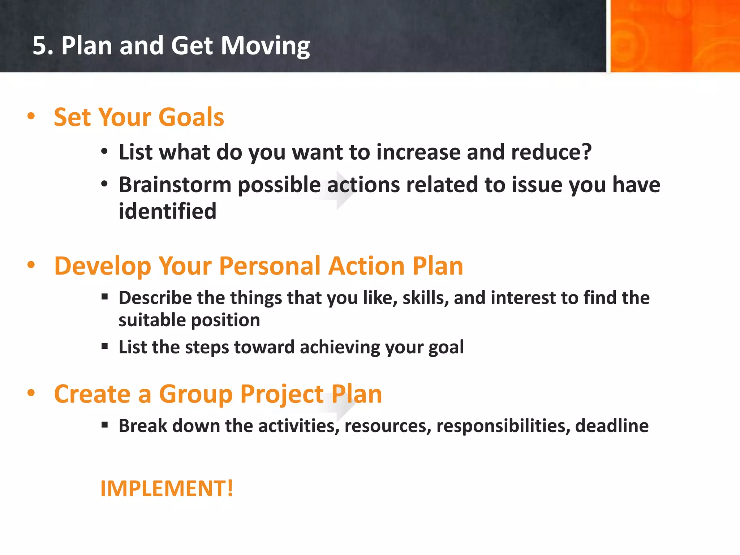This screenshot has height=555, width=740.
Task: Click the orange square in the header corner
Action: [675, 36]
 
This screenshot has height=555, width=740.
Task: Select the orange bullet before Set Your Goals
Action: [31, 116]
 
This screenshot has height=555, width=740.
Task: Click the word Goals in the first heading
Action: [191, 117]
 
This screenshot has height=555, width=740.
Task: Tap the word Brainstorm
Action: [175, 185]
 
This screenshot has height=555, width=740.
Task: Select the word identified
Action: [167, 211]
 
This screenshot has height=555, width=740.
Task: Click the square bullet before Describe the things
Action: [105, 297]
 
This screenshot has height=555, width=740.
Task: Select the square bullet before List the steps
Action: [105, 347]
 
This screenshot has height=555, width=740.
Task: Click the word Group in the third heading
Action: [195, 394]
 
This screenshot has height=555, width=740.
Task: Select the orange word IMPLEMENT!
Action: [167, 489]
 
